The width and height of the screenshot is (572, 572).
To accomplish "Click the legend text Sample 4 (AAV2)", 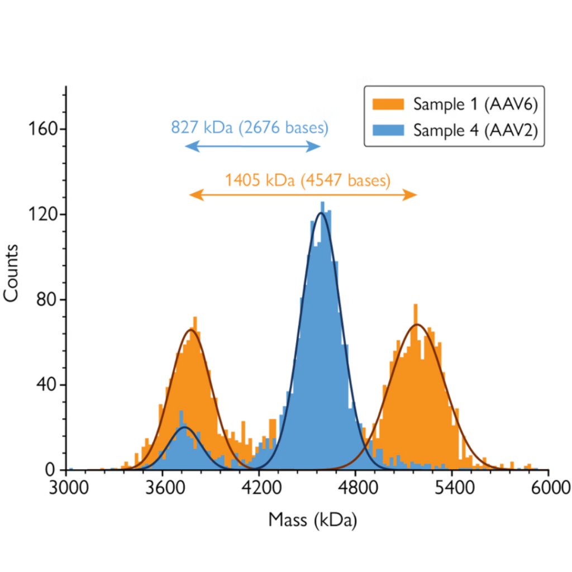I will click(475, 130).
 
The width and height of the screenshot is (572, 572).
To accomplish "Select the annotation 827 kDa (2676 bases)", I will click(249, 127).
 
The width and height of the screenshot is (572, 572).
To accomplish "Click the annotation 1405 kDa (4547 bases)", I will click(307, 180).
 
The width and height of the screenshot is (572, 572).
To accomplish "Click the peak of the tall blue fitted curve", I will click(321, 213).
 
